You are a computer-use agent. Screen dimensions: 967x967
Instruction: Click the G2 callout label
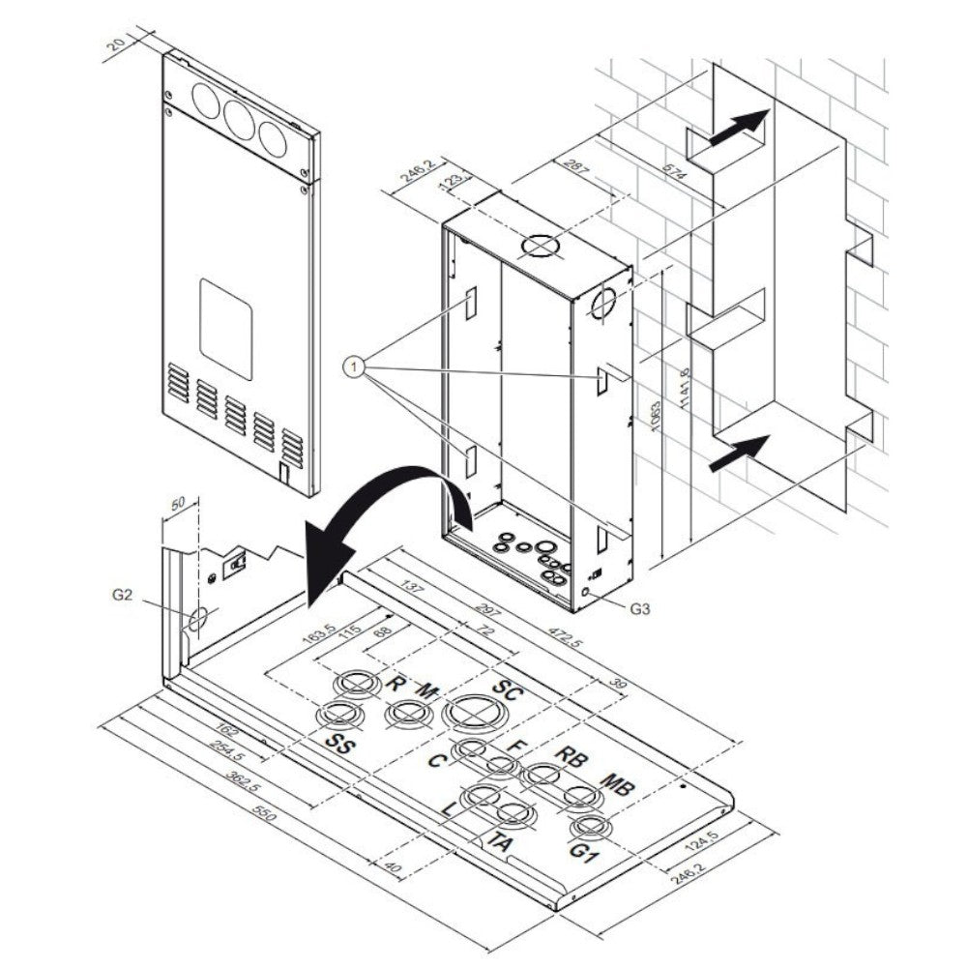coord(120,596)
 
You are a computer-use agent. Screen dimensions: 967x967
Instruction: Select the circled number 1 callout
coord(356,366)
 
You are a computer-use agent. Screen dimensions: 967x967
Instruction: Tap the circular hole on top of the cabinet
coord(539,246)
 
